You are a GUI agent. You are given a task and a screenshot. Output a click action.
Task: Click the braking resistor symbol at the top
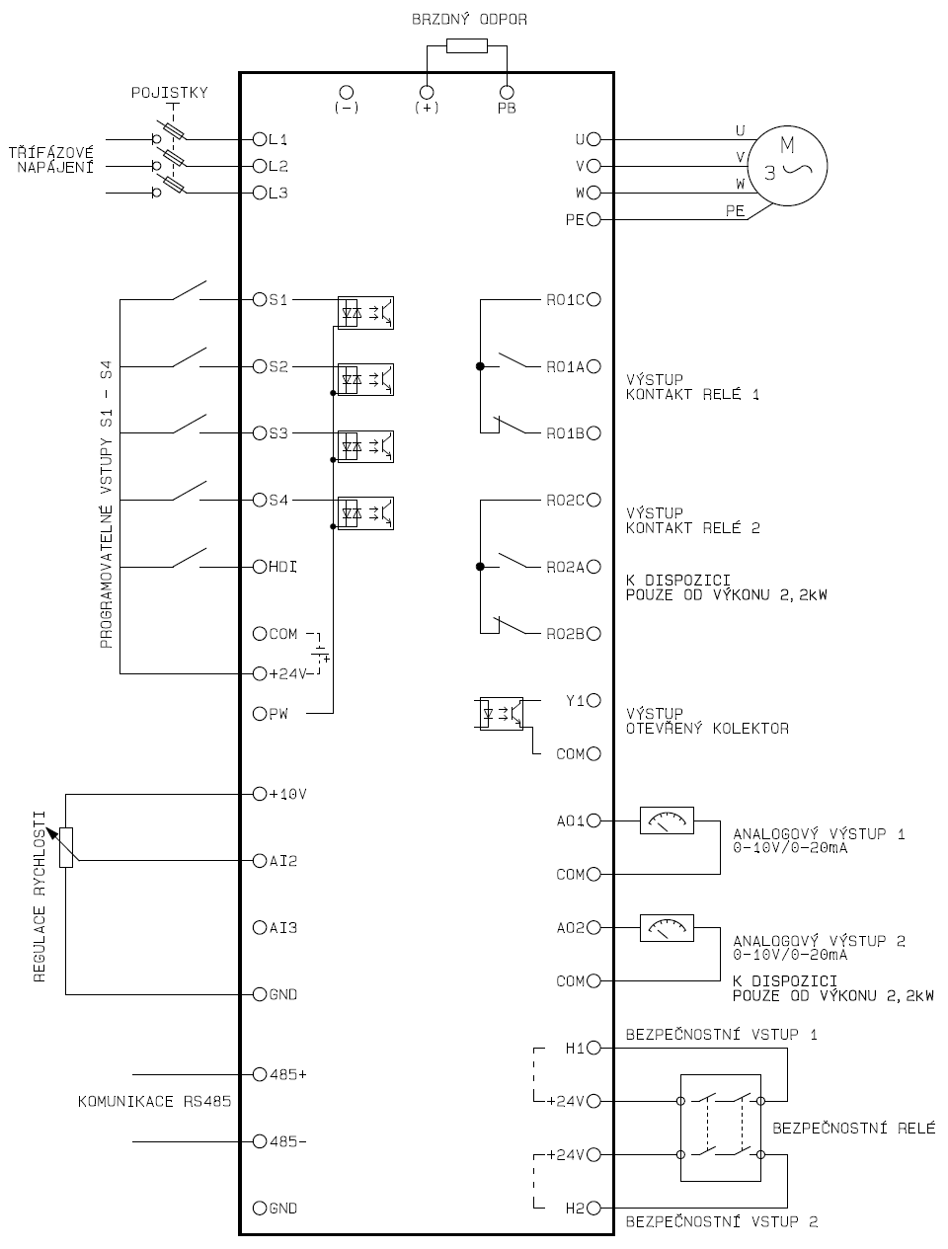(x=466, y=45)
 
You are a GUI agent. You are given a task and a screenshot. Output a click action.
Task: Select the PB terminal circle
(x=507, y=92)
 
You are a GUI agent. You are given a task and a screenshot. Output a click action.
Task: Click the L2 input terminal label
(x=277, y=166)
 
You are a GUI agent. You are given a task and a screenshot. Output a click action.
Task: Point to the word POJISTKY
(x=170, y=93)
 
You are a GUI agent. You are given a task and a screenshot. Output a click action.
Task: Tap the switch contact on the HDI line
(x=188, y=559)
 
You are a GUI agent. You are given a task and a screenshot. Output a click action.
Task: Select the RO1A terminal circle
(x=593, y=366)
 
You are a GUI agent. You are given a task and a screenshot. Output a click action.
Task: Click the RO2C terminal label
(x=566, y=501)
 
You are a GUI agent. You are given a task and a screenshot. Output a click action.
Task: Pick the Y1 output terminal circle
(x=593, y=701)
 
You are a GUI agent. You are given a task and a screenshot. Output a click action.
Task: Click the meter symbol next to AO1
(x=667, y=820)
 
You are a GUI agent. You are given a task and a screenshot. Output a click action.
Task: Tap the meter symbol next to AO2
(x=667, y=928)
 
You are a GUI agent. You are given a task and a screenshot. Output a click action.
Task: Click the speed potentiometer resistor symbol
(x=66, y=846)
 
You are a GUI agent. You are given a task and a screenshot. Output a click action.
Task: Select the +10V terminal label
(x=287, y=794)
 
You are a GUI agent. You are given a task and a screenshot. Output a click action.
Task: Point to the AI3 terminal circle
(x=260, y=927)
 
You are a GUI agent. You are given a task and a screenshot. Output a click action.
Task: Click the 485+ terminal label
(x=287, y=1074)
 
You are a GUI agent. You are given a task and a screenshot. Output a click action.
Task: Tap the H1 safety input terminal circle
(x=593, y=1048)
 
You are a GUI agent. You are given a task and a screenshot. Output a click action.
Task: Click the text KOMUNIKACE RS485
(x=154, y=1101)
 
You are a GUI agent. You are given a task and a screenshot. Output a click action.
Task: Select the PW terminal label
(x=278, y=714)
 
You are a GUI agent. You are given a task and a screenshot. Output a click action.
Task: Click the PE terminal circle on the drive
(x=593, y=220)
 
